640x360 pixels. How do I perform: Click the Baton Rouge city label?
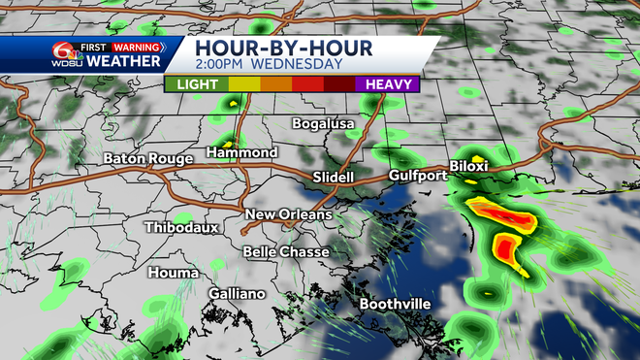[148, 158]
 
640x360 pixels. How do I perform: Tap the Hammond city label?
[243, 152]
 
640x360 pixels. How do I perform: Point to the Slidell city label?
[335, 178]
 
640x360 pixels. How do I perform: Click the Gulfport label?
[417, 176]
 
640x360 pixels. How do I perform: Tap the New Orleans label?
[288, 214]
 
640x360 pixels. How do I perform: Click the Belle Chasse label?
[285, 252]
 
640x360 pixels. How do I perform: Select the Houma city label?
[174, 273]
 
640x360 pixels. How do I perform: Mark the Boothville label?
[395, 304]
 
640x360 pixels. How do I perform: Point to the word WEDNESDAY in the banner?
[298, 65]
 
